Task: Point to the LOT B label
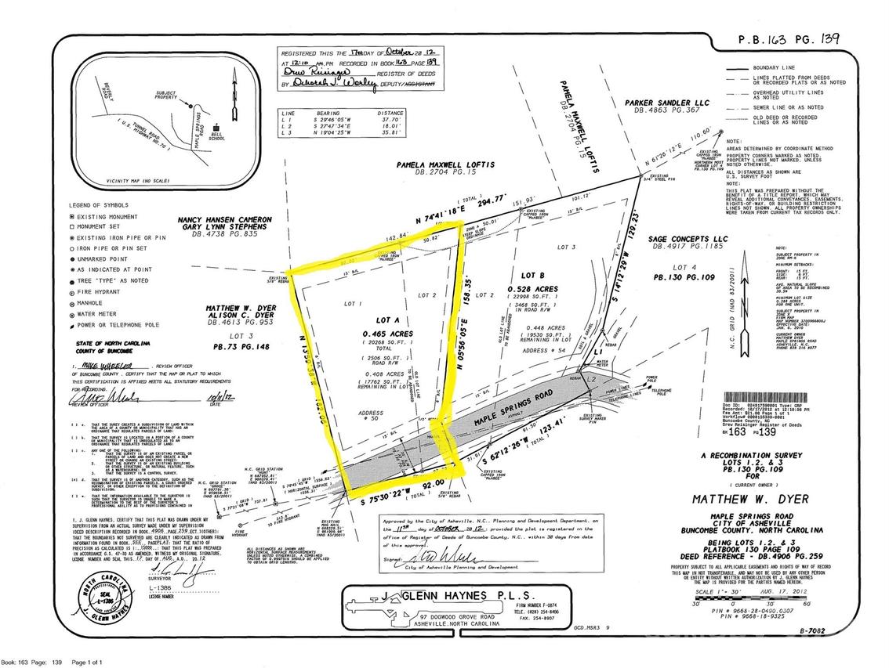(x=533, y=276)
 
